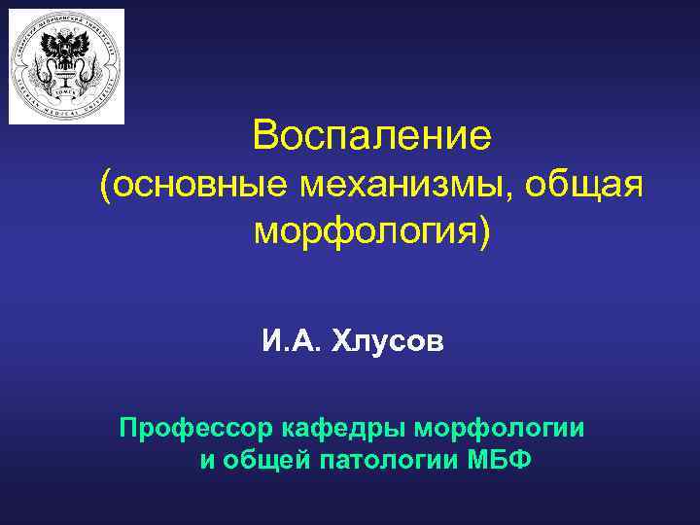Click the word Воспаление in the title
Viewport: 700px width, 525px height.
[x=372, y=135]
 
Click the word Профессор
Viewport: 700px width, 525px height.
[x=196, y=428]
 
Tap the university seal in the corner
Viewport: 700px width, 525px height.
[x=67, y=66]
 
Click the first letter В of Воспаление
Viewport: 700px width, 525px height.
[x=264, y=135]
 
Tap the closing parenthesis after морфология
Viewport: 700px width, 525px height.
[x=486, y=232]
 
